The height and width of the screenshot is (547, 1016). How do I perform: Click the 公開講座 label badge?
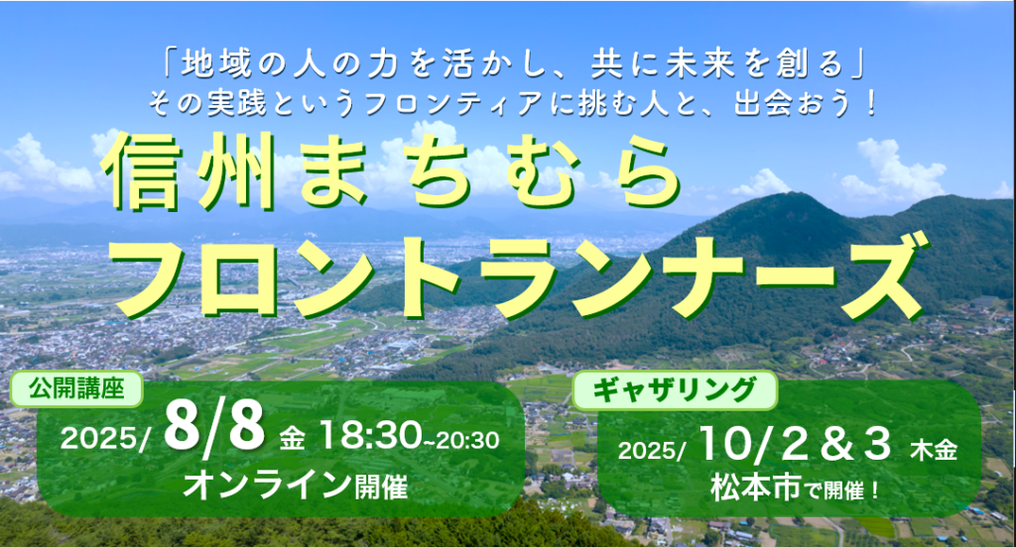coord(76,388)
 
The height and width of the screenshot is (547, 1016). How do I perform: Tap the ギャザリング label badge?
coord(675,390)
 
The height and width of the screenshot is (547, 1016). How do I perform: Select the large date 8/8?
coord(214,425)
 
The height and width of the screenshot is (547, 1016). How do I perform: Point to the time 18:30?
coord(369,435)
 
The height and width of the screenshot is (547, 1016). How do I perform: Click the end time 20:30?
coord(467,441)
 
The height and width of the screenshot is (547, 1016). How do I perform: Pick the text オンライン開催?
coord(296,486)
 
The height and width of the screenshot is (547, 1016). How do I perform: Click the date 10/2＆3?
coord(795,445)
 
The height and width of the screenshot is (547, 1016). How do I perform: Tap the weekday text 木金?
coord(934,450)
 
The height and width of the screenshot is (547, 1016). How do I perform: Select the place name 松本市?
coord(755,488)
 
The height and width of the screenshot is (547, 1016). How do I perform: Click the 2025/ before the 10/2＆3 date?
coord(652,451)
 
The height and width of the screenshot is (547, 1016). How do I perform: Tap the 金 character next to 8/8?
coord(292,440)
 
